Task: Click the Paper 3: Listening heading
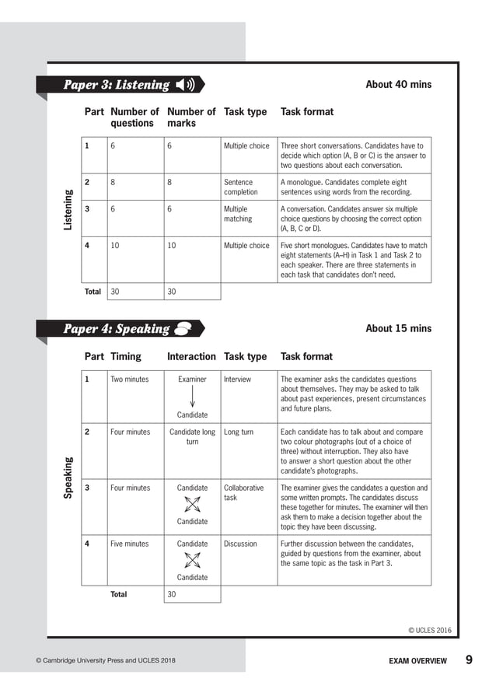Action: coord(116,85)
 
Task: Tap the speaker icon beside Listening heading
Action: coord(186,85)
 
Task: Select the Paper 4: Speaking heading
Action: coord(116,328)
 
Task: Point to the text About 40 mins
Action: coord(398,85)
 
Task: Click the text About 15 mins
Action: coord(398,328)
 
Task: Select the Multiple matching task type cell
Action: coord(238,214)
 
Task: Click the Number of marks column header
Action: coord(190,117)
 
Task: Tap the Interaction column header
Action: coord(191,357)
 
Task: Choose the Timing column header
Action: coord(126,357)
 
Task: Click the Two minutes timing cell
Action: coord(129,379)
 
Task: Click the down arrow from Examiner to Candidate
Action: coord(192,397)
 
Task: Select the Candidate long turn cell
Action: coord(192,436)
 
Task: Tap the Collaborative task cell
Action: coord(243,492)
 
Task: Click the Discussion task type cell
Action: coord(240,544)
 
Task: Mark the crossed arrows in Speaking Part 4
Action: coord(192,560)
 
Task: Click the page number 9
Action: coord(469,660)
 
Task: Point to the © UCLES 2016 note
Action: coord(430,631)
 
